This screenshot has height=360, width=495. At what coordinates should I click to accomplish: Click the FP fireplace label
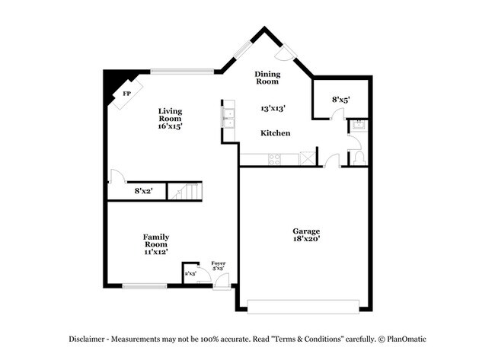coord(127,94)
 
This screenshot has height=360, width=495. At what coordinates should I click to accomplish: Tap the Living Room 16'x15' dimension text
coord(170,126)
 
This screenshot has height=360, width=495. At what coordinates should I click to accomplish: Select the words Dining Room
coord(268,77)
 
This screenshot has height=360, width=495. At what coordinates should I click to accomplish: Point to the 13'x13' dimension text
coord(273,109)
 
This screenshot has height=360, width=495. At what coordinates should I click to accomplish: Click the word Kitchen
coord(275,133)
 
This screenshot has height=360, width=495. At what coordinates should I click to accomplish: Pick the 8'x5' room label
coord(340,100)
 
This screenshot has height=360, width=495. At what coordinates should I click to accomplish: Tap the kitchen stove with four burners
coord(274,159)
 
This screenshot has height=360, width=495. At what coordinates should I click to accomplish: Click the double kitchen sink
coord(228,116)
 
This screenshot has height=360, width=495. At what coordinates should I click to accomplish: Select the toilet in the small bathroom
coord(359,157)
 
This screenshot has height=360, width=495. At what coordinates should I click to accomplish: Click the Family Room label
coord(156,241)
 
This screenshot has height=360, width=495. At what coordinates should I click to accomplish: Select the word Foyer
coord(218,263)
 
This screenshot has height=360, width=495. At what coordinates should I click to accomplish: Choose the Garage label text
coord(307,231)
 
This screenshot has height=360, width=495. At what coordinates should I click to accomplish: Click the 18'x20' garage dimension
coord(307,239)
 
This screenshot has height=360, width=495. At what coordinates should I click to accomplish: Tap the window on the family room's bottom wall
coord(145,286)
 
